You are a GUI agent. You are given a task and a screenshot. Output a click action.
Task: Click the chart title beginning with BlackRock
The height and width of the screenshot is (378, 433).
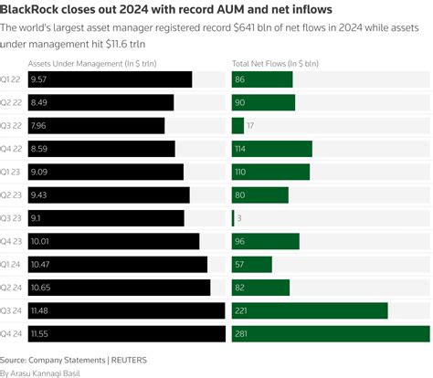(166, 9)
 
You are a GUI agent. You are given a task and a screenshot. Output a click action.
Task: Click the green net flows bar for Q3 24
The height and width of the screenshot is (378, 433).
(310, 311)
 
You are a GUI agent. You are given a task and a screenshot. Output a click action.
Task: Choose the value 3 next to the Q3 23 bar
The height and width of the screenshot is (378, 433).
(239, 218)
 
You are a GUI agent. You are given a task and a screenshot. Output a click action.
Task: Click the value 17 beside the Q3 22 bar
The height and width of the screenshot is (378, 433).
(250, 126)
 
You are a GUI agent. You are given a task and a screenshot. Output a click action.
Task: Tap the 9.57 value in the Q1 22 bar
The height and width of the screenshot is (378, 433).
(38, 79)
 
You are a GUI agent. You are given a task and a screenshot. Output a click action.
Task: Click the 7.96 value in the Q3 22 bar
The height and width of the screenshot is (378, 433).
(38, 126)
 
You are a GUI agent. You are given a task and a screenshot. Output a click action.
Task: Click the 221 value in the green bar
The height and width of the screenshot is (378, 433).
(242, 311)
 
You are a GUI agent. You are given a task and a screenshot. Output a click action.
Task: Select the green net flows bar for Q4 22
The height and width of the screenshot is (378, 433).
(272, 149)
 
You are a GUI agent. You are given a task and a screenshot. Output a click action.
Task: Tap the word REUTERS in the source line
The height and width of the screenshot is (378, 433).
(128, 360)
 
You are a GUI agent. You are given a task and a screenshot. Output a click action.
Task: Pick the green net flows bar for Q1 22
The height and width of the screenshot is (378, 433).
(262, 79)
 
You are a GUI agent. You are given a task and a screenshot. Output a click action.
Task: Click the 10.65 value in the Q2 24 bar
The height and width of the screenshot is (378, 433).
(41, 288)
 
